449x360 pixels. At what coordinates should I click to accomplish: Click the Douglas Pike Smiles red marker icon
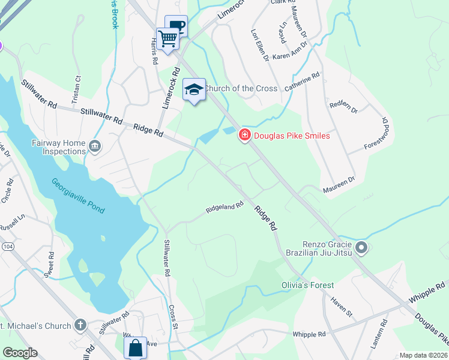(x=245, y=136)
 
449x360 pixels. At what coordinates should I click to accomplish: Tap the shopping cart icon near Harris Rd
(x=168, y=39)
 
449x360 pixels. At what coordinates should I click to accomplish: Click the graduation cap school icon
(x=194, y=89)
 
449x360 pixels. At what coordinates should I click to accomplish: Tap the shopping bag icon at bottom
(x=136, y=347)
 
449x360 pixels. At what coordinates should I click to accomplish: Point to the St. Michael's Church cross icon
(x=80, y=325)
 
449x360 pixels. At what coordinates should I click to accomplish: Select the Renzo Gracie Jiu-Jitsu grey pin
(x=361, y=247)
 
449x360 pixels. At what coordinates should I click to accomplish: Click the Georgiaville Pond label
(x=78, y=196)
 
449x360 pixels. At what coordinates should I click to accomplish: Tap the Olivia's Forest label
(x=307, y=285)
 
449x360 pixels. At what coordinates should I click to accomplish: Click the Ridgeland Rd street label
(x=224, y=208)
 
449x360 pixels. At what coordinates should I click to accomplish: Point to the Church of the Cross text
(x=241, y=88)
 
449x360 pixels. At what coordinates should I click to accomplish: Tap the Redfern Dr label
(x=343, y=107)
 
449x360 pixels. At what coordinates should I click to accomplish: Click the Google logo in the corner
(x=19, y=353)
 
